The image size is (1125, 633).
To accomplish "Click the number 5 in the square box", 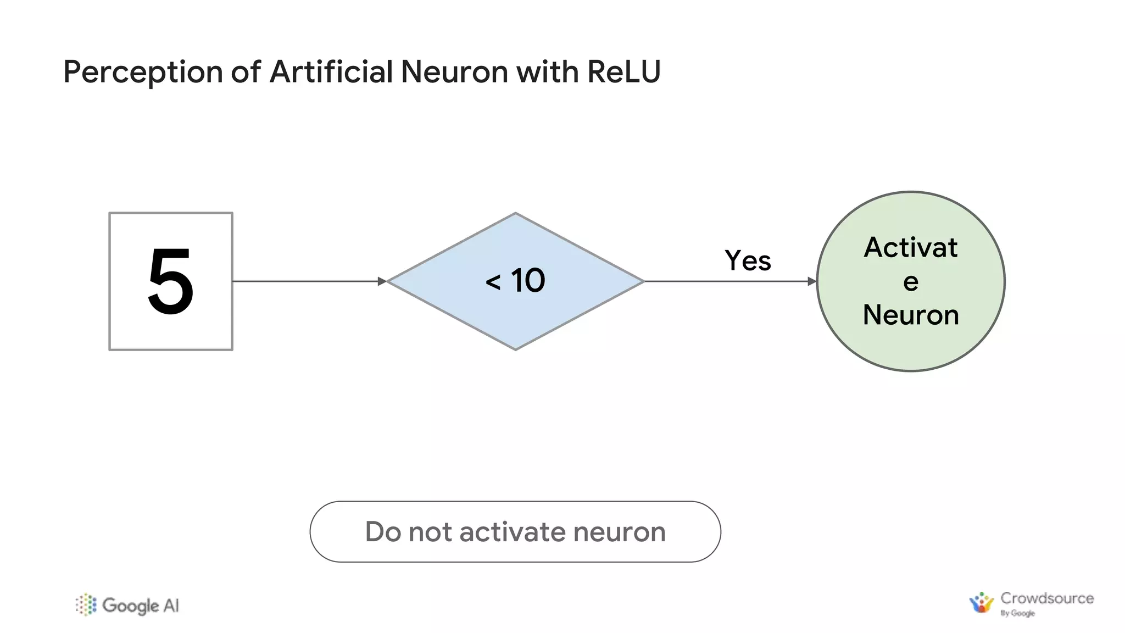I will coord(171,281).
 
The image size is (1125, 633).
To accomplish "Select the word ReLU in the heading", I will coord(623,72).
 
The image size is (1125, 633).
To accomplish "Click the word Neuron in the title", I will coord(454,72).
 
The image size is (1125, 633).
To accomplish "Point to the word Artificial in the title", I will coord(331,72).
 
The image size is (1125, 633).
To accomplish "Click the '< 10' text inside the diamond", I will coord(515,281).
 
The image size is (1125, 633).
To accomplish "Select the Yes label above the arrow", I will coord(748,260).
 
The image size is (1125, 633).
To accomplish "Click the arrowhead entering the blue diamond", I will coord(382,281).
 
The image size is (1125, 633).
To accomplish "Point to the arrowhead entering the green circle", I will coord(812,281).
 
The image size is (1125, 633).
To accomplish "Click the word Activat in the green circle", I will coord(910,247).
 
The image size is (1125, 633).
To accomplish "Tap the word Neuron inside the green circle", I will coord(910,315).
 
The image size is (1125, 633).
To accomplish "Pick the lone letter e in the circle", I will coord(910,282).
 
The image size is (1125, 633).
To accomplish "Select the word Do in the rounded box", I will coord(383,532).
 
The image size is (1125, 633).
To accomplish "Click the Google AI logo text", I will coord(140,606).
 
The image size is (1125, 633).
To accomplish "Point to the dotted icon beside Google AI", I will coord(86,605).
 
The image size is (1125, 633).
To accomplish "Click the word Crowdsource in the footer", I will coord(1046,598).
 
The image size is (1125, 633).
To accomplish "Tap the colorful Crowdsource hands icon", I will coord(981,603).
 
